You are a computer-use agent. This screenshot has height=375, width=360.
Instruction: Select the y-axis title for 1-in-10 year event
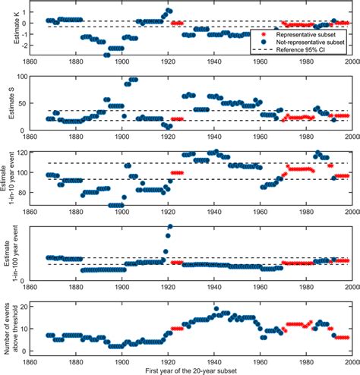pos(9,183)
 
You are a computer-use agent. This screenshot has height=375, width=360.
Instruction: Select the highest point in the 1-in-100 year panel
pos(170,226)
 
